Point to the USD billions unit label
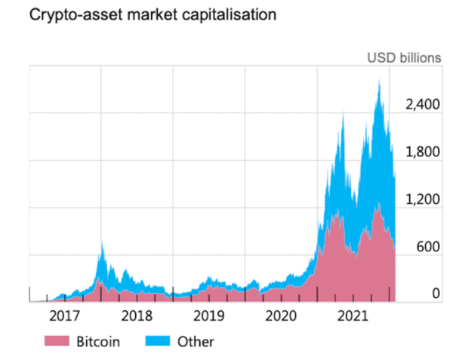click(404, 58)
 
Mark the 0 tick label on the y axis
click(435, 293)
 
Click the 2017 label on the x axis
click(64, 314)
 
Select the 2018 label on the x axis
click(137, 314)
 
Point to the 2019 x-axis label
click(209, 314)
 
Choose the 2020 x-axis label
click(282, 314)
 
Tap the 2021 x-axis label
click(354, 314)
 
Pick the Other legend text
click(195, 342)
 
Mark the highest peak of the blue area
click(378, 79)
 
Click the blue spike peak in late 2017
click(101, 242)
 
